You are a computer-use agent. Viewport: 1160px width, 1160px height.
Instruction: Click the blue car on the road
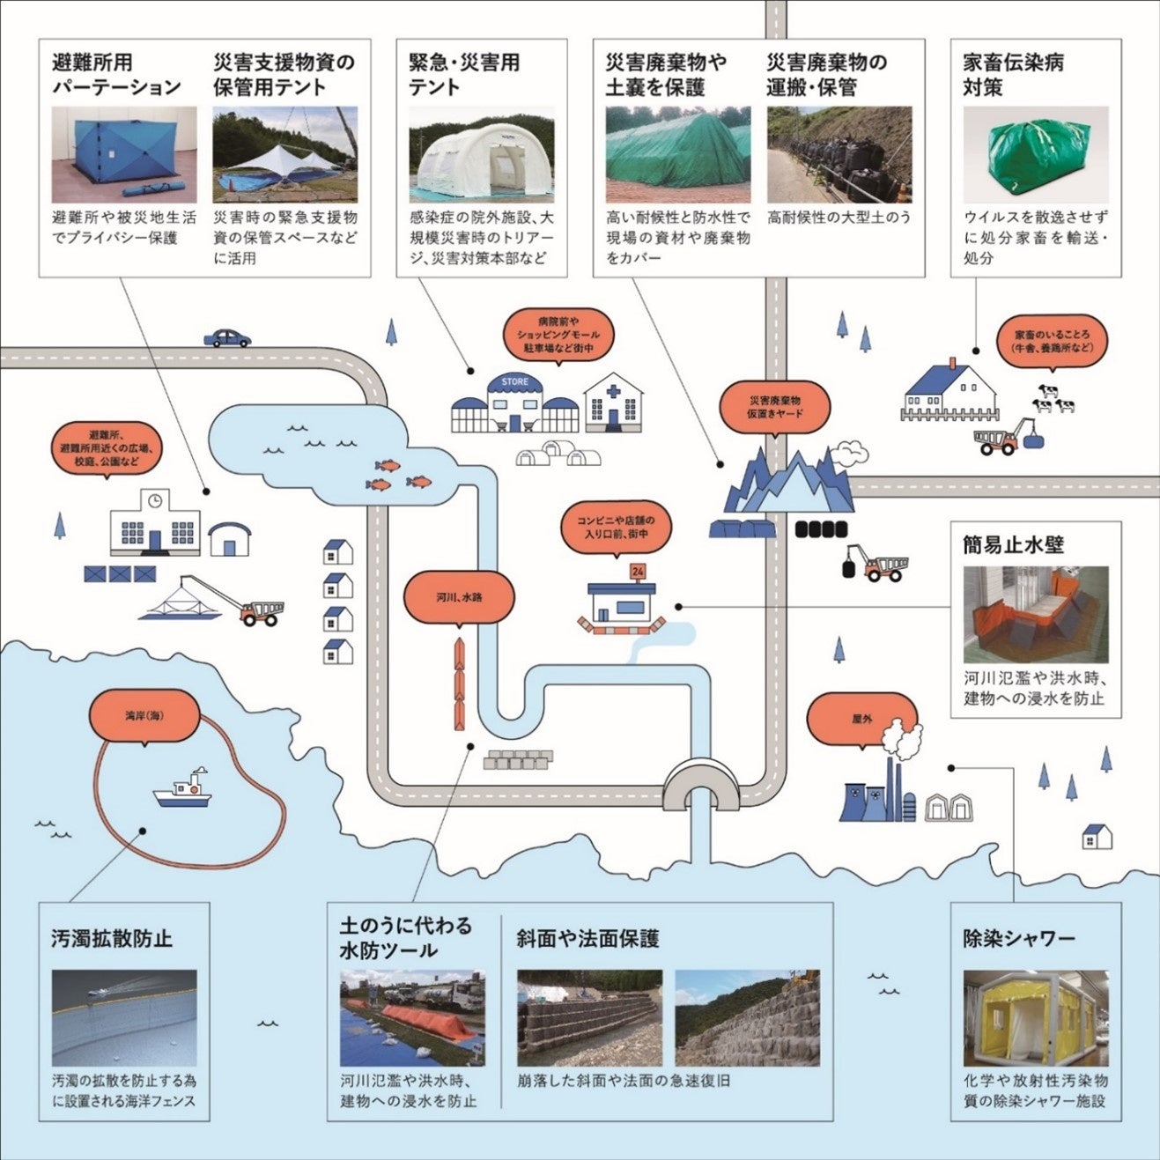[x=227, y=337]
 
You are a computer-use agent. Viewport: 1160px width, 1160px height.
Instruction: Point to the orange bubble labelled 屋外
[x=861, y=718]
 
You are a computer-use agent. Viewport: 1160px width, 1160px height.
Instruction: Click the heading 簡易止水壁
[x=1013, y=545]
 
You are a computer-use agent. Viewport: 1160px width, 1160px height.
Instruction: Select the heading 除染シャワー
[x=1019, y=939]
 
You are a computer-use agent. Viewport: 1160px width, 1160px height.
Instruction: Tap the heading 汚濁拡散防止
[x=112, y=939]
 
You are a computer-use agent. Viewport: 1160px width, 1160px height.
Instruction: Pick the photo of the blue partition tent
[x=124, y=155]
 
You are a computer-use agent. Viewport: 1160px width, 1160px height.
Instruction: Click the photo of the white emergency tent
[x=482, y=155]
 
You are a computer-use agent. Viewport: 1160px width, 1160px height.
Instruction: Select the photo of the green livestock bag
[x=1035, y=155]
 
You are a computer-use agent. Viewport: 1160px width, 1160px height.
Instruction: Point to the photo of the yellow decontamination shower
[x=1035, y=1018]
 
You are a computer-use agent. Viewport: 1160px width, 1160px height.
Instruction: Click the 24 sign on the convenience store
[x=639, y=572]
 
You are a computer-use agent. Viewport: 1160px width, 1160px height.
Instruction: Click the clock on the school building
[x=155, y=501]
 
